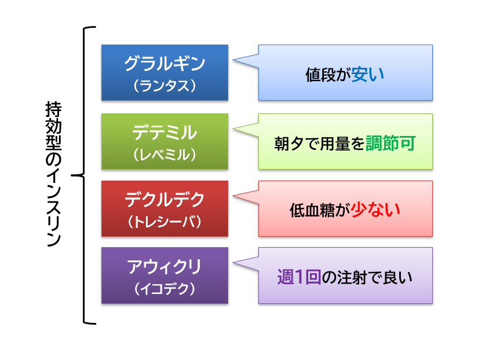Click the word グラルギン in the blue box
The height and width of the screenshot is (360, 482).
point(165,64)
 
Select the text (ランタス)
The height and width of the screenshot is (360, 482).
point(165,86)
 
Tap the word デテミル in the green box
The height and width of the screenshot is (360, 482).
point(165,133)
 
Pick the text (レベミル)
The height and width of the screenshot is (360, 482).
point(165,154)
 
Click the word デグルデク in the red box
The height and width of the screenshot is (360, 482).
point(165,199)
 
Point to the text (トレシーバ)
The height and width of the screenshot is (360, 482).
point(165,222)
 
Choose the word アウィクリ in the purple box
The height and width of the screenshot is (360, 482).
point(165,266)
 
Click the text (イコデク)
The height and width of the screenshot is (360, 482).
point(165,288)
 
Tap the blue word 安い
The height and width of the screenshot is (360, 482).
point(368,74)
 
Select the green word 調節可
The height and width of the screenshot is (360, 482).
point(390,143)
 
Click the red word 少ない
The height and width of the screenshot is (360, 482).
point(375,210)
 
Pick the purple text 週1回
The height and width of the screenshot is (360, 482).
point(299,277)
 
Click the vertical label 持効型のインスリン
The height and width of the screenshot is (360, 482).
point(54,174)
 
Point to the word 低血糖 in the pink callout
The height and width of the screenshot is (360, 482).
point(312,211)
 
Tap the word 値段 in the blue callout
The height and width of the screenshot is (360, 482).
point(320,75)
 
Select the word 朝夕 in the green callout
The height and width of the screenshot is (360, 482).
point(289,144)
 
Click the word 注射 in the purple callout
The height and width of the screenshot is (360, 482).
point(352,277)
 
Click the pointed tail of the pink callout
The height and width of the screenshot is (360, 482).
point(233,196)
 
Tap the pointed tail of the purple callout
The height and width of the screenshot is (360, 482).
point(233,263)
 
